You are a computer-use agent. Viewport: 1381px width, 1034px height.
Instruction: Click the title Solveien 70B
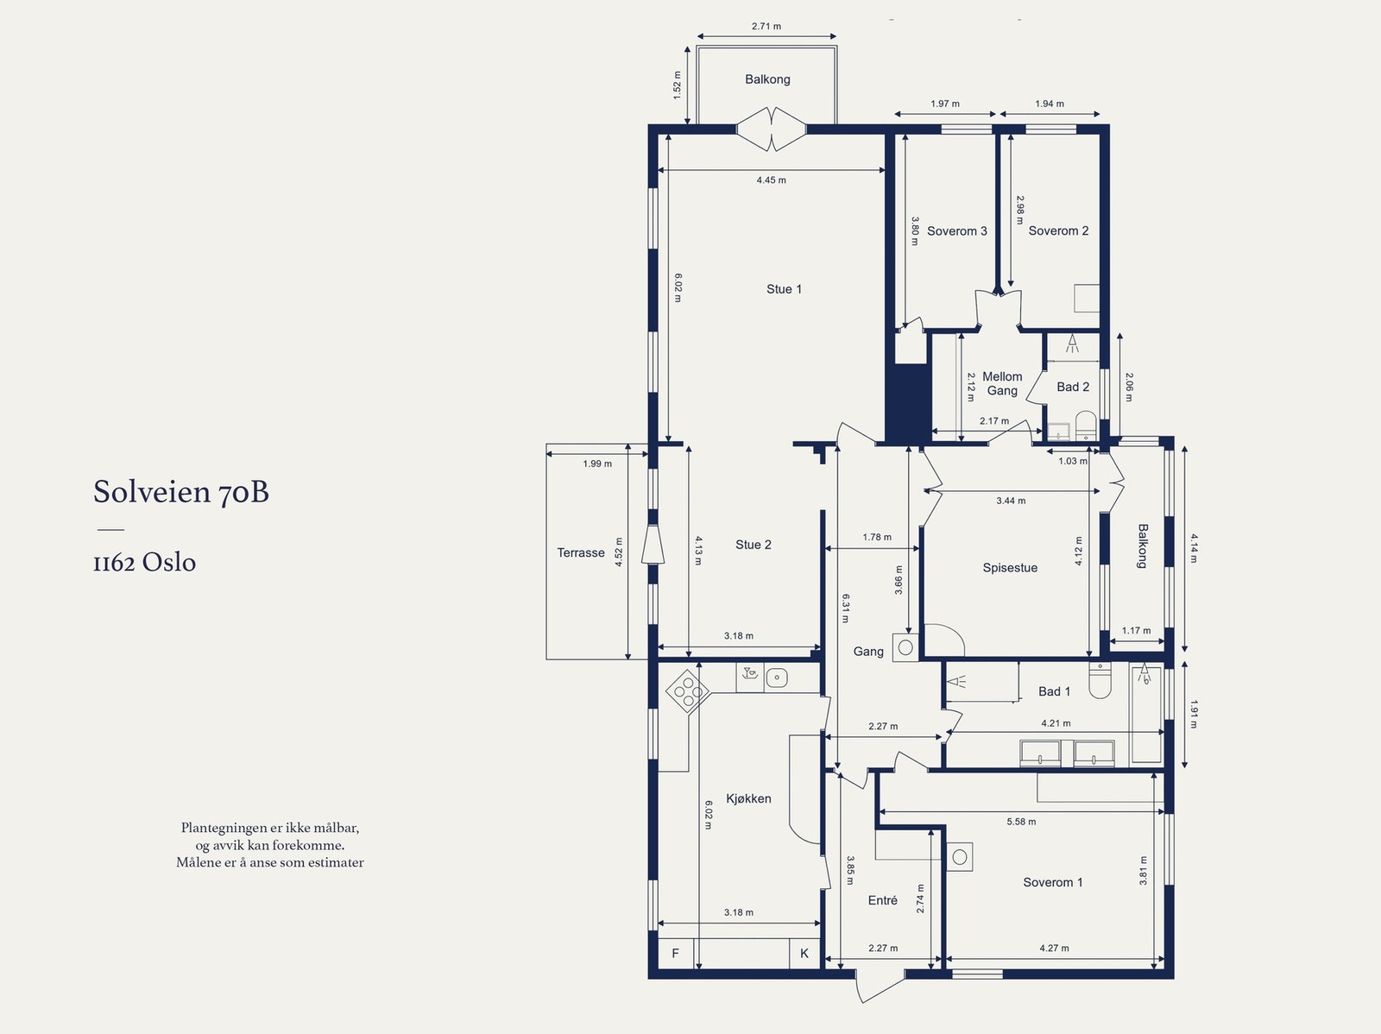coord(181,491)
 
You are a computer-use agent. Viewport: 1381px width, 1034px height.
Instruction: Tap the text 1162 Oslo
coord(145,562)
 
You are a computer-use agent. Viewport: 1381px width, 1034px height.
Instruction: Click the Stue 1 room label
coord(784,289)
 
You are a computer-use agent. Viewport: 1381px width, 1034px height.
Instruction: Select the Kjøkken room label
coord(748,798)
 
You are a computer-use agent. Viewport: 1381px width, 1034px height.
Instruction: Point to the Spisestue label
coord(1010,568)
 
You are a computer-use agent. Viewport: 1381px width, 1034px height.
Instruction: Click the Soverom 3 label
coord(957,230)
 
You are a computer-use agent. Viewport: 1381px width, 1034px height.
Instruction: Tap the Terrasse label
coord(581,553)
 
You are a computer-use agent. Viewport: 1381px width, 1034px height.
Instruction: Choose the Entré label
coord(883,901)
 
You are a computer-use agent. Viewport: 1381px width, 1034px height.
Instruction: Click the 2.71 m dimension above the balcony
coord(766,27)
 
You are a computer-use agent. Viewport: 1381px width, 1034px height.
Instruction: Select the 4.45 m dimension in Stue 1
coord(772,180)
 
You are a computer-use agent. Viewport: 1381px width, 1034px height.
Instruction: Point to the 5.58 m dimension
coord(1021,822)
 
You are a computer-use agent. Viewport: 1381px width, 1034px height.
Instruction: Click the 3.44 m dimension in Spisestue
coord(1011,501)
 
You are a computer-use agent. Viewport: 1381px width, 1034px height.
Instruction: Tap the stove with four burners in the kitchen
coord(688,691)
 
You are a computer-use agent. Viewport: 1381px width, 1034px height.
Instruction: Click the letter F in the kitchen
coord(675,954)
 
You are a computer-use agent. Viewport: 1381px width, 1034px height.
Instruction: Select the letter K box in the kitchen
coord(804,954)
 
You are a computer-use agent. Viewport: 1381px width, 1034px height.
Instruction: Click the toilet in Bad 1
coord(1100,680)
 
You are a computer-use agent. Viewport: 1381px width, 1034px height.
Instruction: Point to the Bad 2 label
coord(1073,387)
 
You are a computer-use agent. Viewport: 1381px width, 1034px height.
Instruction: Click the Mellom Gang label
coord(1002,384)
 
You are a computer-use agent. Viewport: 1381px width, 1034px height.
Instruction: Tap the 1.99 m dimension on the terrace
coord(597,463)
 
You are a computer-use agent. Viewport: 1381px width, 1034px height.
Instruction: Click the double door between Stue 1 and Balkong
coord(772,129)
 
